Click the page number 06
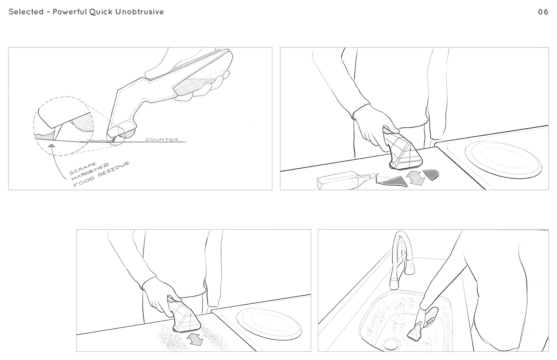tap(543, 12)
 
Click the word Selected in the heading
tap(26, 12)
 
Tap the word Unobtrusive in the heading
tap(140, 12)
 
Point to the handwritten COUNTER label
tap(162, 139)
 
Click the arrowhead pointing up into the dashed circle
tap(52, 145)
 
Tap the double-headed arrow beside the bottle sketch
tap(415, 177)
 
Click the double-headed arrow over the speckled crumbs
tap(195, 339)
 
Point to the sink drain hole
tap(391, 344)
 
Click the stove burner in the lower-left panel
tap(269, 324)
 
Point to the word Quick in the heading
tap(101, 12)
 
